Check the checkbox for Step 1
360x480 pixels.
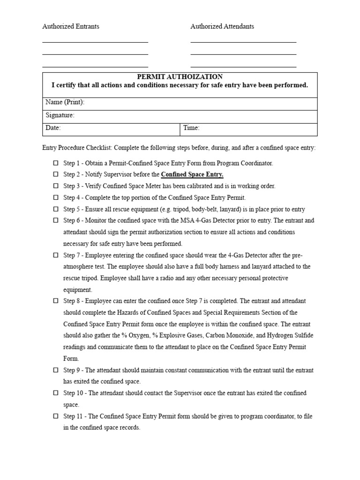(x=55, y=163)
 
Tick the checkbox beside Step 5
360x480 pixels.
(x=55, y=209)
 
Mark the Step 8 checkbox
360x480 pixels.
(x=55, y=301)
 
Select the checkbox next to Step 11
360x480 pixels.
(x=55, y=416)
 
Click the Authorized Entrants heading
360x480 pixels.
(x=71, y=27)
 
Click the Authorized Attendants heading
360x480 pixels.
(x=222, y=27)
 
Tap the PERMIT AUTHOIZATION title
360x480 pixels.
(x=180, y=77)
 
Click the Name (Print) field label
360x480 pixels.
(x=65, y=103)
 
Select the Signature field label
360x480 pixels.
(x=60, y=115)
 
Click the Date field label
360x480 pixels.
(x=53, y=128)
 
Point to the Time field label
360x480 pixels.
(x=192, y=128)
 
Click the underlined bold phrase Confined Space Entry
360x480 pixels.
(x=192, y=175)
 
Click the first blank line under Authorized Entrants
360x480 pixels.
(x=95, y=42)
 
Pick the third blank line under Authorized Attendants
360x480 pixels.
(x=243, y=67)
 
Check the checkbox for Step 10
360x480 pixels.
(x=55, y=393)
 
